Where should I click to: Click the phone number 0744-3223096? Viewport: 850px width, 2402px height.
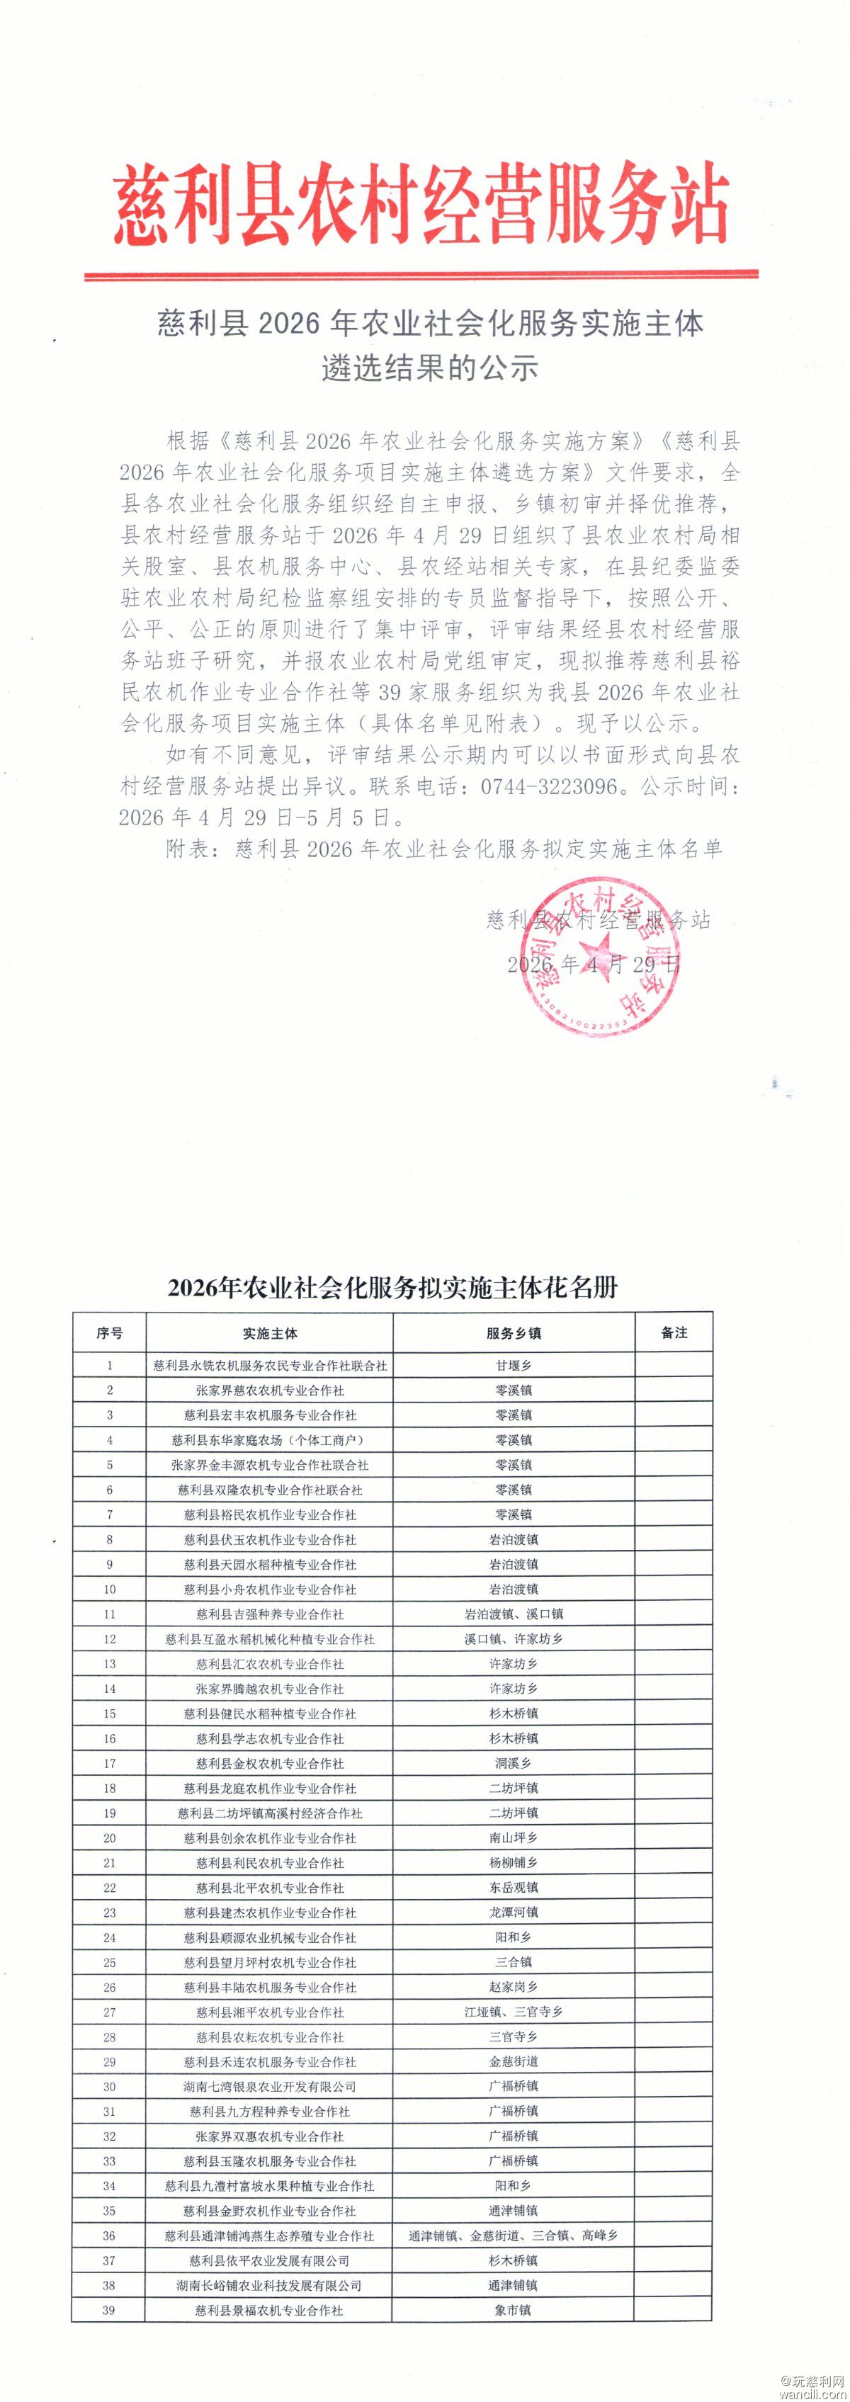tap(550, 786)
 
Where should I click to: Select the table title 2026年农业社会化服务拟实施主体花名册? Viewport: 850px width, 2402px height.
tap(392, 1288)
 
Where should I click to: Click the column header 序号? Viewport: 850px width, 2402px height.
tap(109, 1333)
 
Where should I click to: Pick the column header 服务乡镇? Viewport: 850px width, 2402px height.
tap(513, 1333)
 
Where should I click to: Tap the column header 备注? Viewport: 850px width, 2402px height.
tap(674, 1332)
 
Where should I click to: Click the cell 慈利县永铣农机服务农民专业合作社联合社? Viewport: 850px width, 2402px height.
tap(271, 1365)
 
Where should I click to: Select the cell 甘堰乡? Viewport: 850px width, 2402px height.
tap(514, 1365)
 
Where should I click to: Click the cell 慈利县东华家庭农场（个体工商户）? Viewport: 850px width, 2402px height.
tap(271, 1439)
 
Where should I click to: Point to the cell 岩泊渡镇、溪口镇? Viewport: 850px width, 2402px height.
tap(514, 1614)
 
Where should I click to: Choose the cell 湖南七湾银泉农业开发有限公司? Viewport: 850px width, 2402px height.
tap(271, 2086)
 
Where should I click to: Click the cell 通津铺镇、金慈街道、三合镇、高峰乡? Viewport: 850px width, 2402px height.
tap(514, 2235)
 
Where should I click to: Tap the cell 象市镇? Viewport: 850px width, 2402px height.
tap(514, 2310)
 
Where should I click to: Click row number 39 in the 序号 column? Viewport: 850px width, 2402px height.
tap(109, 2310)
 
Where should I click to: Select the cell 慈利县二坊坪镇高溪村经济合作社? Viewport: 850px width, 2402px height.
tap(271, 1813)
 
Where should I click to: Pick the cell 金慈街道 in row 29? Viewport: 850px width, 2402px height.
tap(514, 2062)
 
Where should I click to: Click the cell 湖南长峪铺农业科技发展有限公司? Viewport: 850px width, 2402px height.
tap(271, 2285)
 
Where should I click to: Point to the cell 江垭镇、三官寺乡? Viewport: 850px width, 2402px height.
tap(514, 2011)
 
